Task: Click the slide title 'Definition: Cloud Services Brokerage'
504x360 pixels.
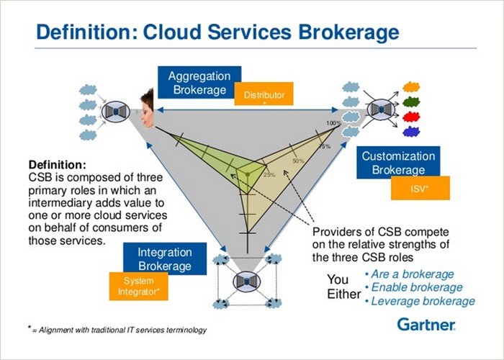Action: click(x=216, y=32)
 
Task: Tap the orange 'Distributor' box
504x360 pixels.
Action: click(x=264, y=96)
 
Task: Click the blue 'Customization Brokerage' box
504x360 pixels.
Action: click(x=398, y=163)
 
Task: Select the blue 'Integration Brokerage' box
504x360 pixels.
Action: click(x=166, y=259)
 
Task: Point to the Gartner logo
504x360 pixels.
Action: click(x=426, y=325)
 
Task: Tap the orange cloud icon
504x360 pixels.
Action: click(x=411, y=86)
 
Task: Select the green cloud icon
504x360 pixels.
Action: click(x=411, y=102)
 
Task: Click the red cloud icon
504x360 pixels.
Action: click(x=411, y=117)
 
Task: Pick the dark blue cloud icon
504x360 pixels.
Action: click(x=411, y=132)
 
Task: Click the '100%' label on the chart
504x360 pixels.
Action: click(x=333, y=124)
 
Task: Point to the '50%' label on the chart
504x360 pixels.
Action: click(x=298, y=161)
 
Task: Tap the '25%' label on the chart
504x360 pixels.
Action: click(x=269, y=174)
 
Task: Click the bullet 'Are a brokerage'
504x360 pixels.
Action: click(x=410, y=274)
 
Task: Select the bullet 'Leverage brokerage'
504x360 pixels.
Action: click(x=420, y=301)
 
